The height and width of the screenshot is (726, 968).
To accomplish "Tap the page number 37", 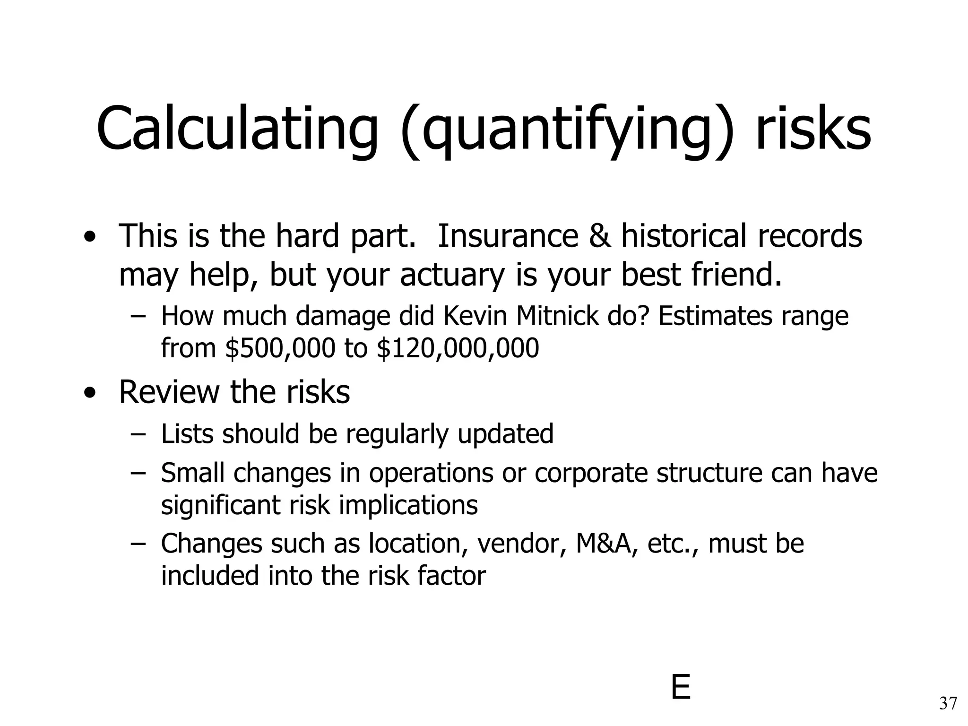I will (x=948, y=704).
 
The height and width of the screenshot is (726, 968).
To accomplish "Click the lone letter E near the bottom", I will (x=681, y=688).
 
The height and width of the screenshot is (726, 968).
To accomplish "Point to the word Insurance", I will (x=508, y=236).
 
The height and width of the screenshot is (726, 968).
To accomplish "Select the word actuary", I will (x=452, y=276).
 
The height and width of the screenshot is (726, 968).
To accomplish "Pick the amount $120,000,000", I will (x=458, y=348).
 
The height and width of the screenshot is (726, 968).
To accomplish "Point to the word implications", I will (x=408, y=505).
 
